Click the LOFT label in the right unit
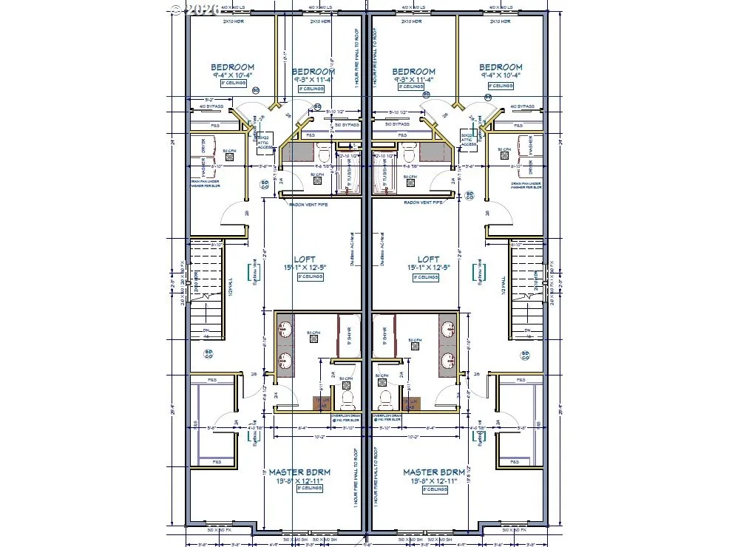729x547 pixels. pyautogui.click(x=429, y=259)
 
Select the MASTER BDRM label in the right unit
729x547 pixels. pyautogui.click(x=434, y=472)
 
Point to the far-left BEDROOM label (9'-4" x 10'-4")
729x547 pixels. pyautogui.click(x=232, y=67)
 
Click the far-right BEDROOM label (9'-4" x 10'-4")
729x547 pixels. pyautogui.click(x=501, y=67)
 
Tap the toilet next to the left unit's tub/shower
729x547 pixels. pyautogui.click(x=323, y=154)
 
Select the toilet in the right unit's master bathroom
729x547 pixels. pyautogui.click(x=384, y=401)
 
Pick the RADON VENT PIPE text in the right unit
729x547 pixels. pyautogui.click(x=422, y=203)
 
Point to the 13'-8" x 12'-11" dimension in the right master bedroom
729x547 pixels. pyautogui.click(x=434, y=480)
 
